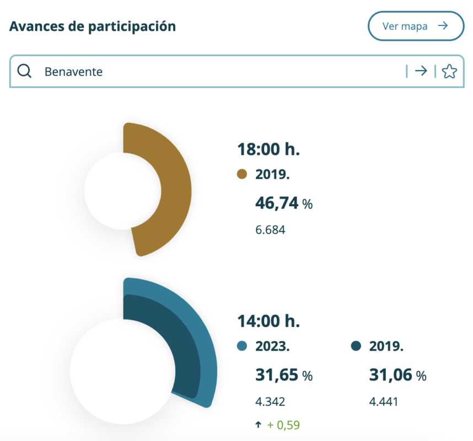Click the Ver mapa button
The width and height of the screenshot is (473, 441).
coord(416,26)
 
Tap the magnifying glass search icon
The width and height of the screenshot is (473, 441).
coord(24,71)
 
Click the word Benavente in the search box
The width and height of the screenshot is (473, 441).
coord(73,72)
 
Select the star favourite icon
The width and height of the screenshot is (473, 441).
coord(449,71)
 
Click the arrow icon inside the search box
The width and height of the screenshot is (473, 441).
coord(421,71)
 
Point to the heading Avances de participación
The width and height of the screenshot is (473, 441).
coord(93,26)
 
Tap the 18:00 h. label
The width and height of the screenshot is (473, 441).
coord(268,149)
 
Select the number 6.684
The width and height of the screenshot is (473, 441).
coord(270,230)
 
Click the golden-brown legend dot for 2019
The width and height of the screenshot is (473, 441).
coord(242,175)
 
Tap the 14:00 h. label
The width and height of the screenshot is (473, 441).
coord(268,321)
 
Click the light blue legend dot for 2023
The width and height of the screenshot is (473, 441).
coord(242,346)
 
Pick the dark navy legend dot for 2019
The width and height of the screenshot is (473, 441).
coord(356,346)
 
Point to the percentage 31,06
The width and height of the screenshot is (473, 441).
coord(391,375)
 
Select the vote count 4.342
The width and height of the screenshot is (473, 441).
coord(270,401)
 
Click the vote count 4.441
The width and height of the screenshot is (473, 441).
coord(384,401)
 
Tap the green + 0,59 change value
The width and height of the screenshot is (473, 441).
coord(284,425)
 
